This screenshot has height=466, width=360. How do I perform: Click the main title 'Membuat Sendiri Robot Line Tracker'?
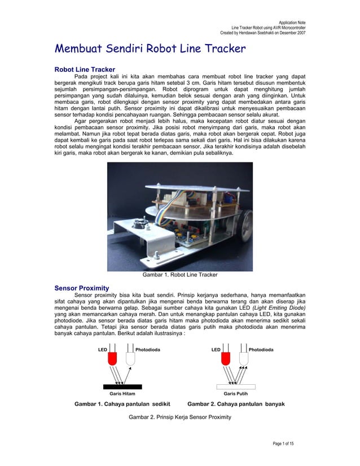pos(150,49)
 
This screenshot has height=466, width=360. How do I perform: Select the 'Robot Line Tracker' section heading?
pos(85,69)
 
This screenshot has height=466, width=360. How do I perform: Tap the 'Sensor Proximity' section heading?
pos(81,288)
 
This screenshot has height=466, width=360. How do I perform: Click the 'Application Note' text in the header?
pos(292,22)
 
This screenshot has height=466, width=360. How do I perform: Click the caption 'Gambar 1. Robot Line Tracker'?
pos(179,275)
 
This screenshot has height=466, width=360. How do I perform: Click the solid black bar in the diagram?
pos(122,386)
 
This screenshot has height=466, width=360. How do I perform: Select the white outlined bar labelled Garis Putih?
pos(236,386)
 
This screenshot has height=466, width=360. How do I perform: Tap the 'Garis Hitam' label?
pos(122,394)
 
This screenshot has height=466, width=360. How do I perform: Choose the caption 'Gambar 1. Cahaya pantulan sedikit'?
pos(122,404)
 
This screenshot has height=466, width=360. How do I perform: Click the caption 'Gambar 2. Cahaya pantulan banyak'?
pos(236,404)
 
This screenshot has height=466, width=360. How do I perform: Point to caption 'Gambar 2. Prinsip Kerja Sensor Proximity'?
pos(179,417)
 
